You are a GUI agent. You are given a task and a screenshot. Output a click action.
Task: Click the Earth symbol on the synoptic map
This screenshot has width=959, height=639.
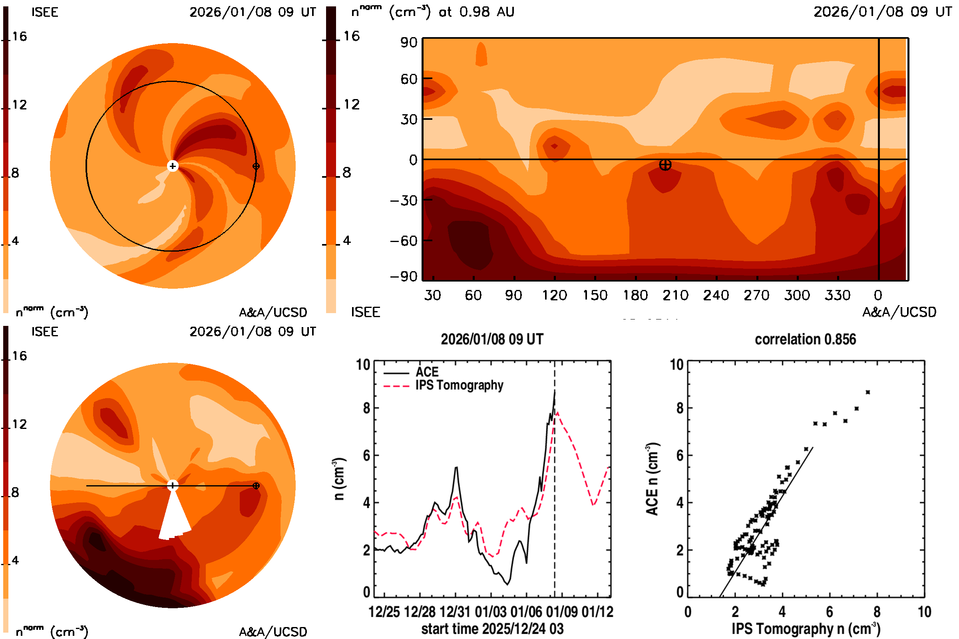pyautogui.click(x=665, y=165)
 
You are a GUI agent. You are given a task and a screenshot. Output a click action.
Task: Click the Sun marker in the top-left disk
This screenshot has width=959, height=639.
pyautogui.click(x=173, y=166)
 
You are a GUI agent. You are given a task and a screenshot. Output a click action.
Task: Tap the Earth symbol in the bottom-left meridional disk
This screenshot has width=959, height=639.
pyautogui.click(x=256, y=486)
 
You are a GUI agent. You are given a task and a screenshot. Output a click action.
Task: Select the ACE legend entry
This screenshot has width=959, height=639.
pyautogui.click(x=426, y=372)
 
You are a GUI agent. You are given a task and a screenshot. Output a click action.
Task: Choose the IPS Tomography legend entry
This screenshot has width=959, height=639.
pyautogui.click(x=459, y=385)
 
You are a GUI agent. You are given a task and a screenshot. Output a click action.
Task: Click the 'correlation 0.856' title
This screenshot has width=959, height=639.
pyautogui.click(x=805, y=339)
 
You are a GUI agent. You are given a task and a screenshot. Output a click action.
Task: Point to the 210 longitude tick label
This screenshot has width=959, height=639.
pyautogui.click(x=675, y=295)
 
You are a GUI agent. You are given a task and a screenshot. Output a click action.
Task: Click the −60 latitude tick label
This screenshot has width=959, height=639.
pyautogui.click(x=403, y=241)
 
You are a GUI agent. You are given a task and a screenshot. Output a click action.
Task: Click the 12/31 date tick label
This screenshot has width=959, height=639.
pyautogui.click(x=456, y=612)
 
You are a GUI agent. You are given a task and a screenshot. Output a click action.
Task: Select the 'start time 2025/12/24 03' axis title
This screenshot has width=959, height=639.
pyautogui.click(x=492, y=629)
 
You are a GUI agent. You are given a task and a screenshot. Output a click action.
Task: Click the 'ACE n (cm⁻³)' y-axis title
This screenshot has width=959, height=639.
pyautogui.click(x=653, y=479)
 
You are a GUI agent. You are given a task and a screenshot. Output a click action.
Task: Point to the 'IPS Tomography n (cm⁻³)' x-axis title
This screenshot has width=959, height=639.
pyautogui.click(x=806, y=629)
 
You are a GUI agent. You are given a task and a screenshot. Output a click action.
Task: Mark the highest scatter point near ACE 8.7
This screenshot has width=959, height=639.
pyautogui.click(x=867, y=392)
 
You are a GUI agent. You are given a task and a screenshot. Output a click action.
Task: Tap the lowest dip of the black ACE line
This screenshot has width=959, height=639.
pyautogui.click(x=507, y=584)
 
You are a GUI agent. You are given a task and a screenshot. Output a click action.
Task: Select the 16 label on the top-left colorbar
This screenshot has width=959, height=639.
pyautogui.click(x=19, y=37)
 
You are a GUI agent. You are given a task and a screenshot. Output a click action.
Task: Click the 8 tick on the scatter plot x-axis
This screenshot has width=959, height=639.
pyautogui.click(x=877, y=612)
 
